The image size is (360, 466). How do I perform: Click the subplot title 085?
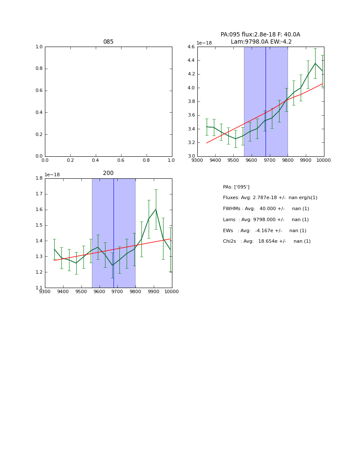click(108, 42)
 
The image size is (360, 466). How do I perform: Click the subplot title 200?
click(108, 173)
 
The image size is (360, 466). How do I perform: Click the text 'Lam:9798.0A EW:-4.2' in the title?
click(261, 42)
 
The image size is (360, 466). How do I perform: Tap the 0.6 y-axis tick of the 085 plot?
click(39, 91)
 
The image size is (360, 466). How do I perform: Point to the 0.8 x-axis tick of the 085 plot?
click(146, 160)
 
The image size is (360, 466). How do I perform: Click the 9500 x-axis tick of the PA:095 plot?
click(233, 160)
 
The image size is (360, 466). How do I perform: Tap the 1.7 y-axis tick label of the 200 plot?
click(39, 194)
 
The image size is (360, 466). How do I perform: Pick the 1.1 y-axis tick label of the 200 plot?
click(39, 288)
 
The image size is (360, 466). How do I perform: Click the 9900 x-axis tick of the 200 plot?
click(153, 291)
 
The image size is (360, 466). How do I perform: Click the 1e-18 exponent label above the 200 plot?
click(52, 175)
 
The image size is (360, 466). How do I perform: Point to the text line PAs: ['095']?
click(236, 187)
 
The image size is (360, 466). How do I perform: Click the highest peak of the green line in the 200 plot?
click(155, 209)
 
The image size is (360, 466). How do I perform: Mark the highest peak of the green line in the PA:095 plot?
click(315, 64)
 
